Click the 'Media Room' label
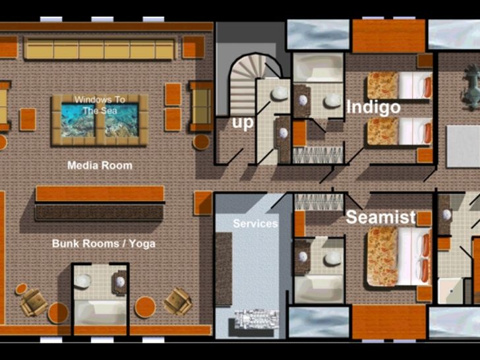click(100, 165)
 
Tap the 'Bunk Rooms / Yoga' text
click(104, 244)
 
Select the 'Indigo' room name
click(373, 107)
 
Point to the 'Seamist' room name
click(381, 217)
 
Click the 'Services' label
click(255, 224)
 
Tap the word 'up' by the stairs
click(243, 123)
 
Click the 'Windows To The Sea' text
click(100, 105)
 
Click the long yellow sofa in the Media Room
click(100, 48)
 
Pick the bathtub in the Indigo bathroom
click(318, 68)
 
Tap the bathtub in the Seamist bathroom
click(318, 289)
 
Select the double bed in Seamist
click(399, 256)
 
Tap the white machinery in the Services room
click(256, 319)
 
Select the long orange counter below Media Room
click(100, 193)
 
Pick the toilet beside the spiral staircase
click(280, 94)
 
